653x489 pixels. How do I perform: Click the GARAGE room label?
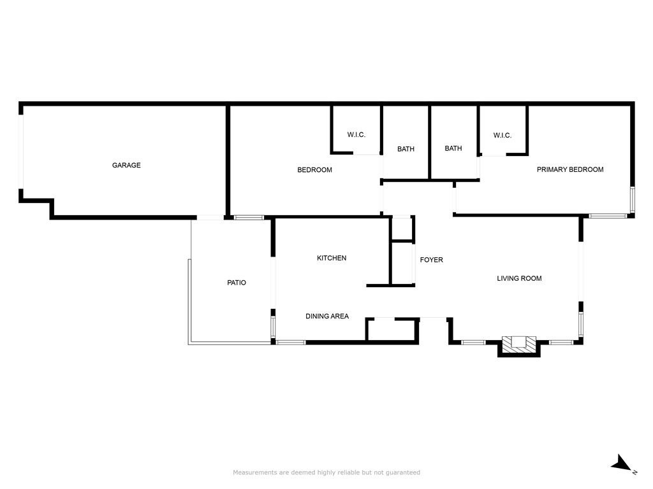[126, 165]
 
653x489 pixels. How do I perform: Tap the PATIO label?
[237, 283]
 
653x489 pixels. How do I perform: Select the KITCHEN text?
[332, 259]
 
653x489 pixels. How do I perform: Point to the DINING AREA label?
[327, 316]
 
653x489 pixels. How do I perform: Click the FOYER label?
[432, 260]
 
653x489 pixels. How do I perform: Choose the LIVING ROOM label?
[519, 279]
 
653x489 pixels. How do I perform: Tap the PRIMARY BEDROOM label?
[570, 169]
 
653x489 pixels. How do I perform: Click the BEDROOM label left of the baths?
[315, 170]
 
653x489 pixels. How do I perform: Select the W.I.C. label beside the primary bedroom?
[503, 136]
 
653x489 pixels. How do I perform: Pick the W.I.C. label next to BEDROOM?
[356, 135]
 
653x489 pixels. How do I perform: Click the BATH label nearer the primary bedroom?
[453, 148]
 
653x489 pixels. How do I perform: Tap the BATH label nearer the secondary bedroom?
[406, 149]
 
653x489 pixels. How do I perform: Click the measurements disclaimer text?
[326, 472]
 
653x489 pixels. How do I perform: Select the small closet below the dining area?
[392, 330]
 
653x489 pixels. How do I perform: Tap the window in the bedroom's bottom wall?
[249, 218]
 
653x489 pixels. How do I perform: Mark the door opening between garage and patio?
[210, 218]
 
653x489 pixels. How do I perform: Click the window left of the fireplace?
[474, 343]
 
